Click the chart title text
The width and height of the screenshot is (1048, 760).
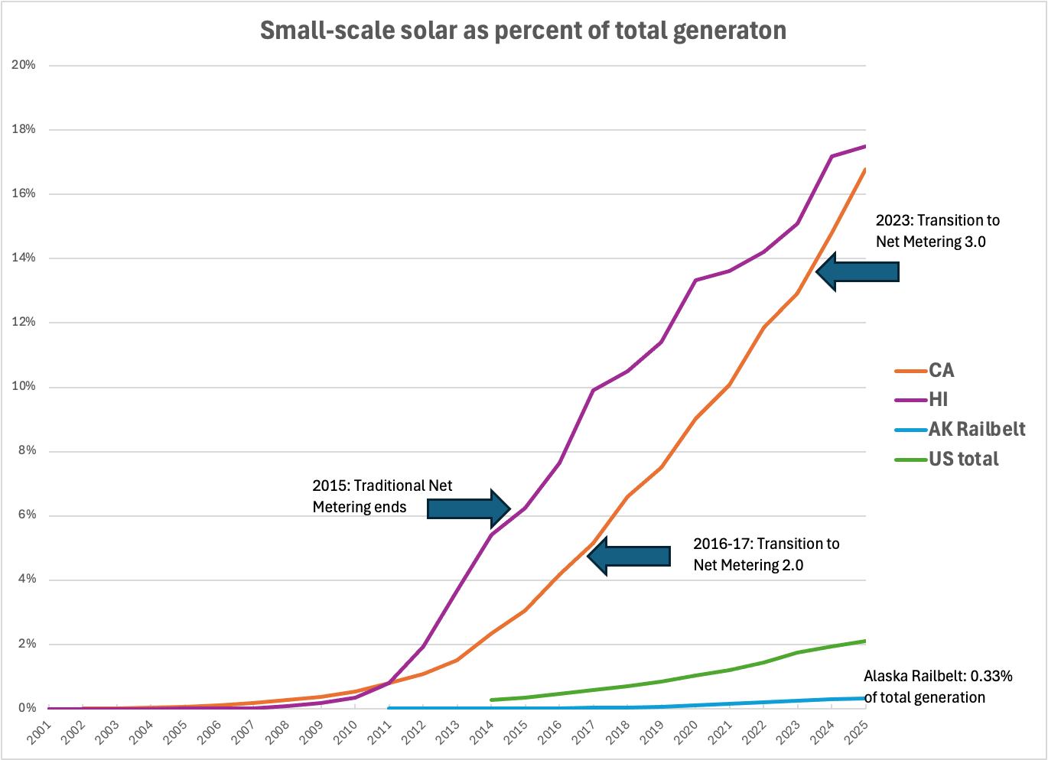(523, 31)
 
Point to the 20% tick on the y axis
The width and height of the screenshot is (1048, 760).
(24, 65)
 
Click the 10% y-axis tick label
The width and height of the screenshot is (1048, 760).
(24, 387)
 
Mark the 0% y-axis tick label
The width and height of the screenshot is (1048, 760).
(27, 708)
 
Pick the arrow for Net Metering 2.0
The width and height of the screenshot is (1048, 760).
(629, 556)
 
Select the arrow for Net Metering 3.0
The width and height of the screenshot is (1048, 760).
(858, 271)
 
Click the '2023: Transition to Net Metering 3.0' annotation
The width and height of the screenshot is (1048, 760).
(937, 231)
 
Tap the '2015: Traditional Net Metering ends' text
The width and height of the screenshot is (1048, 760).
(382, 496)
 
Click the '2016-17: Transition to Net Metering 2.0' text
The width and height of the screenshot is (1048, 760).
(766, 554)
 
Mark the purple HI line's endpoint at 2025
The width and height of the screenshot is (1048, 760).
(865, 146)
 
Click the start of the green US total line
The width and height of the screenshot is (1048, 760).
(491, 700)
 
